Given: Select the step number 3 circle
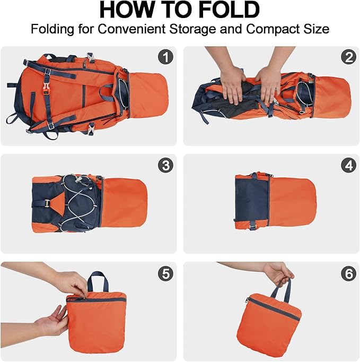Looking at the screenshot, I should pos(165,166).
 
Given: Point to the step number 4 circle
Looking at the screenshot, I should pos(348,166).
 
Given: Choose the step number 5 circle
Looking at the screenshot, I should pos(165,273).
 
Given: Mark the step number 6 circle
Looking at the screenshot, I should pos(348,273).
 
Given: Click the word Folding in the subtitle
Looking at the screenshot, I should pos(51,29).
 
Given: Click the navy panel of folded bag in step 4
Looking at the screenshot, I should pos(252,202).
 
